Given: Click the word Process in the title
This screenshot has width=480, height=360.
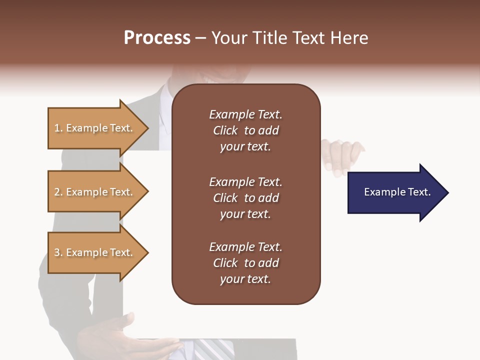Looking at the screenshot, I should click(x=157, y=38).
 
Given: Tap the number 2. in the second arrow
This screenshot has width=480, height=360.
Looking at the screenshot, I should click(x=58, y=192).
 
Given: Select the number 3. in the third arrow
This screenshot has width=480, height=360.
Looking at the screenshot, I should click(x=58, y=252).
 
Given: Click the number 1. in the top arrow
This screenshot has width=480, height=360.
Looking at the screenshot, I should click(x=58, y=128).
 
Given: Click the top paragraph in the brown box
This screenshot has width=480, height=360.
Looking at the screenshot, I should click(x=245, y=130).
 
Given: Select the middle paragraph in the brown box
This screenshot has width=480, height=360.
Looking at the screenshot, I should click(x=245, y=198).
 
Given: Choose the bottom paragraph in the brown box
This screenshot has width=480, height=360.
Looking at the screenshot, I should click(x=245, y=263).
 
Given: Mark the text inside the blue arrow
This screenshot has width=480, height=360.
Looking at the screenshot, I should click(x=397, y=192).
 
